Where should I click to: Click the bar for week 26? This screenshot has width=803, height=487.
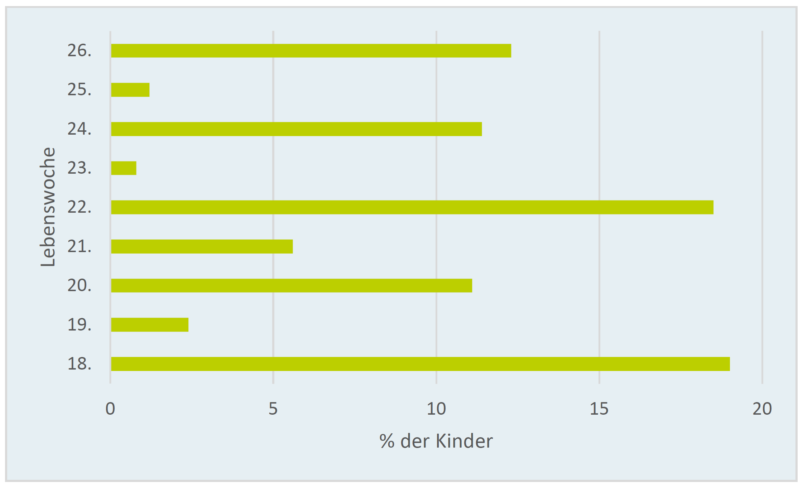click(311, 51)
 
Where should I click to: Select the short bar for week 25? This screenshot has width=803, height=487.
click(130, 90)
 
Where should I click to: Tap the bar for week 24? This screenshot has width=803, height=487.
click(296, 129)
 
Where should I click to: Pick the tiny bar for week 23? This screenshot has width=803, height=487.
click(124, 168)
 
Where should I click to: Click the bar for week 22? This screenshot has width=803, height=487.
click(412, 207)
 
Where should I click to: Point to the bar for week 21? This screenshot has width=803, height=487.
click(202, 246)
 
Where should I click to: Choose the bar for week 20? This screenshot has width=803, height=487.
click(291, 285)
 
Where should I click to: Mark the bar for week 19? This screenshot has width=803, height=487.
click(150, 325)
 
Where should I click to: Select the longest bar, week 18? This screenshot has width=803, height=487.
click(420, 364)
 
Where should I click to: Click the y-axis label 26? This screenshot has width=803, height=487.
click(79, 51)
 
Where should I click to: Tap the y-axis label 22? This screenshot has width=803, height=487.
click(79, 207)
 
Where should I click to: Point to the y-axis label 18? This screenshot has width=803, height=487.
click(79, 364)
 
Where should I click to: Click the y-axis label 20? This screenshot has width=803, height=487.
click(79, 285)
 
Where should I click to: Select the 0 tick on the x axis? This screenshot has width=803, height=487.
click(110, 409)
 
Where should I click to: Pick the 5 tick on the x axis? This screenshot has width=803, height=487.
click(273, 409)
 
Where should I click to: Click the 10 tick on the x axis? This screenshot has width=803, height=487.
click(436, 409)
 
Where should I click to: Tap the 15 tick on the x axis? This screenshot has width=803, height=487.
click(599, 409)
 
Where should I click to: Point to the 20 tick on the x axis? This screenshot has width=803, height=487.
click(762, 409)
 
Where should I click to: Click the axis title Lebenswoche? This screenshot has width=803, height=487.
click(48, 207)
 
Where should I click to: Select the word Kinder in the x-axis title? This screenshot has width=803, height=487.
click(464, 441)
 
